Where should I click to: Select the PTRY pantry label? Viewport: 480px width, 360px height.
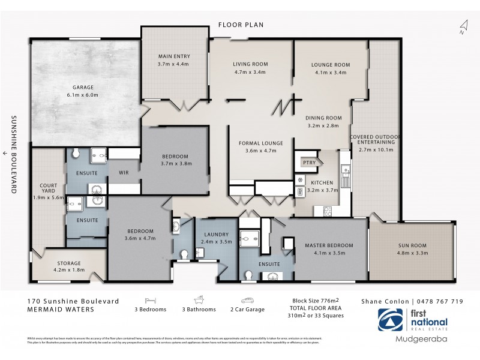coord(308,162)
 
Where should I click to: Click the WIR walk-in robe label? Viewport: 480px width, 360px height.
coord(124,173)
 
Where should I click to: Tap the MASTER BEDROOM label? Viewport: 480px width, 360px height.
coord(329,245)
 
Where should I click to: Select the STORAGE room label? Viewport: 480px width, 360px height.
coord(69,263)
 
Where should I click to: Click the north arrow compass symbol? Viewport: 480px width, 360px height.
coord(463,27)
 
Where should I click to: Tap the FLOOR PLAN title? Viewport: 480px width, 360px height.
coord(241,25)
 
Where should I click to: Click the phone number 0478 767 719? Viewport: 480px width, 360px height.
coord(443,301)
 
